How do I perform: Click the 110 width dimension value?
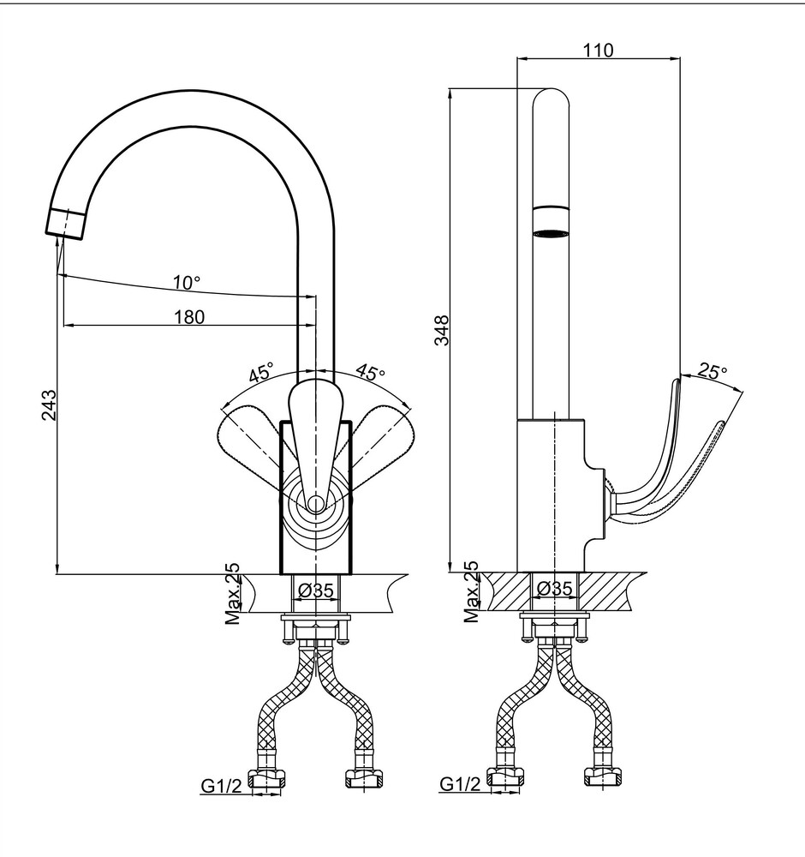(x=599, y=50)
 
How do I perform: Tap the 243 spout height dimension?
(x=49, y=405)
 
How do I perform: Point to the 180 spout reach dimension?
(x=189, y=316)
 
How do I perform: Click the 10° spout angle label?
(x=187, y=283)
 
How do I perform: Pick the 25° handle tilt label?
(x=713, y=372)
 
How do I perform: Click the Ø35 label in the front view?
(x=316, y=590)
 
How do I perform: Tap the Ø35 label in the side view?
(x=554, y=589)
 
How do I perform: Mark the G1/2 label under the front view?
(x=221, y=786)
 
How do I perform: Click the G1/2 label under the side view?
(x=461, y=784)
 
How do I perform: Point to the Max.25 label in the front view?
(x=233, y=594)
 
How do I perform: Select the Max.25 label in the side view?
(x=471, y=592)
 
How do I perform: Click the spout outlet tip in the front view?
(x=64, y=224)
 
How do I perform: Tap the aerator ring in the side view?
(x=551, y=221)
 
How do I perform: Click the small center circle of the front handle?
(x=315, y=503)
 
